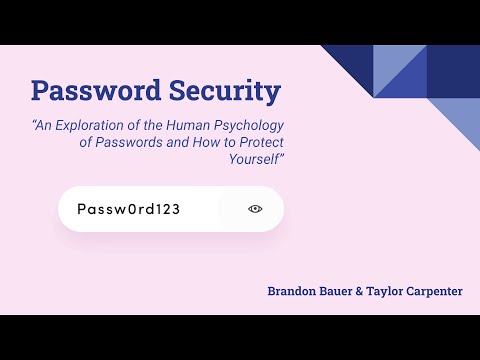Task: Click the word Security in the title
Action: pos(218,91)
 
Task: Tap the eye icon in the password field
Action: pos(255,209)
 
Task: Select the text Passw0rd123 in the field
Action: pos(119,209)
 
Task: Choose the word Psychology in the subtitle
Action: pos(256,126)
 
